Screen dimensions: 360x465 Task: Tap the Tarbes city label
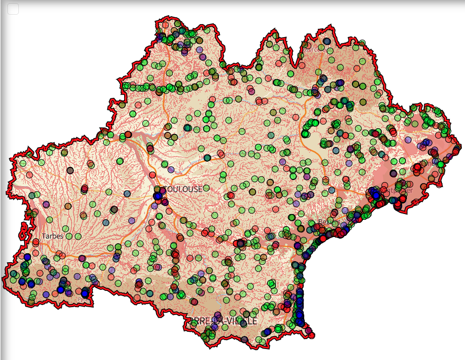(x=53, y=236)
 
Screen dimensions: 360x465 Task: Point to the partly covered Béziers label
(x=326, y=222)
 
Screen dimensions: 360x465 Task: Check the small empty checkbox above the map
(x=13, y=9)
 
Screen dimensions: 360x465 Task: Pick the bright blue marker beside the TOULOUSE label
(x=158, y=196)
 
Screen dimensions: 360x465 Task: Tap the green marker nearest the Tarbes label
(x=69, y=237)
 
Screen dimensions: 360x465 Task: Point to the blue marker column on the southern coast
(x=300, y=306)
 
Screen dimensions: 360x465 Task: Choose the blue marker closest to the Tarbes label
(x=27, y=257)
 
